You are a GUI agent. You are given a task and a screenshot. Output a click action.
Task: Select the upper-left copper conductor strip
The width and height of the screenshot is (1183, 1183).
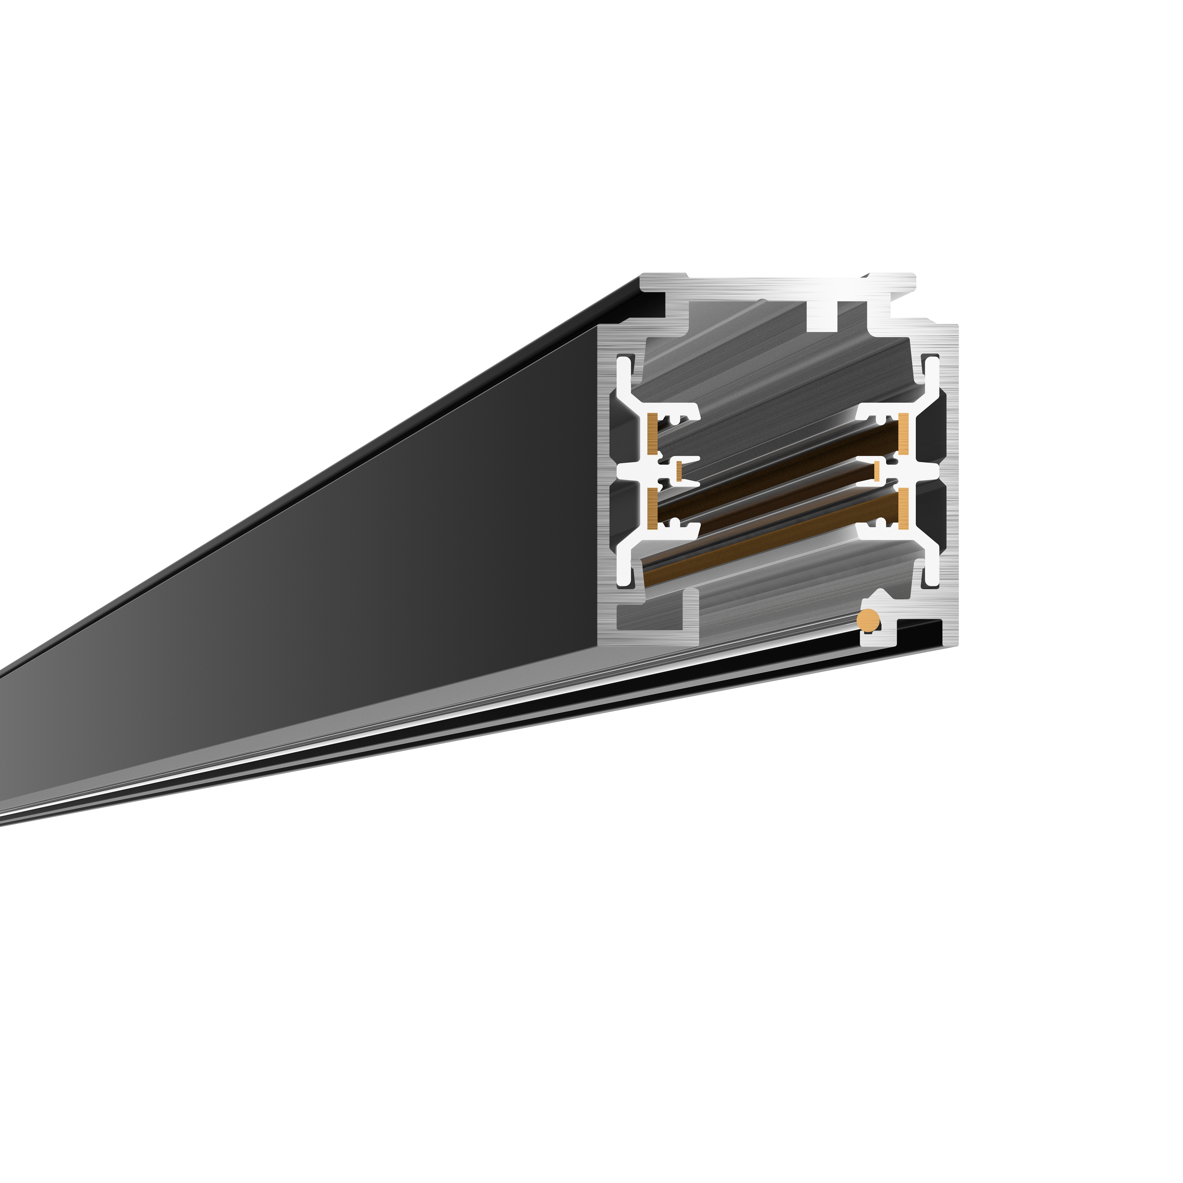pos(652,434)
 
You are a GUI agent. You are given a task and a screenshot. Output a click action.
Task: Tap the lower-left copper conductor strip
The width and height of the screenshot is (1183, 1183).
pos(652,508)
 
